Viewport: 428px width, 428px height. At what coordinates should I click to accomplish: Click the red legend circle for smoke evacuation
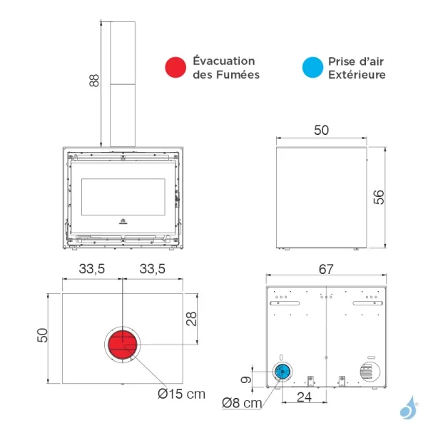tap(175, 67)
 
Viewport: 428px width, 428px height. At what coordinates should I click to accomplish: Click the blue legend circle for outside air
tap(312, 67)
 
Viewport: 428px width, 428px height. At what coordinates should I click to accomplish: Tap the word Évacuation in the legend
tap(224, 61)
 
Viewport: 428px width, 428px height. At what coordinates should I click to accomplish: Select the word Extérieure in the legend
tap(357, 74)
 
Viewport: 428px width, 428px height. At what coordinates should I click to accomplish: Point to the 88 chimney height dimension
tap(94, 80)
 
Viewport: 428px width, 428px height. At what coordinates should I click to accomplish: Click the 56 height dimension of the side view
tap(379, 197)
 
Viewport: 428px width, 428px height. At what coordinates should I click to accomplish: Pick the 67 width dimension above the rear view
tap(326, 269)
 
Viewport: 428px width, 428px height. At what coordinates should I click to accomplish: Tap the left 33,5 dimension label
tap(92, 269)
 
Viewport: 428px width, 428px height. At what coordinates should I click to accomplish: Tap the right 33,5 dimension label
tap(153, 269)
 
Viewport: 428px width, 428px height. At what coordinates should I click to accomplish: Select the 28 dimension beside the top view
tap(191, 319)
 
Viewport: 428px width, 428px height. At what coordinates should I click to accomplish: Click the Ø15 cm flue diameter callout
tap(181, 394)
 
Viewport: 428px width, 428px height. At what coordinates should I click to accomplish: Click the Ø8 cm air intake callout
tap(242, 403)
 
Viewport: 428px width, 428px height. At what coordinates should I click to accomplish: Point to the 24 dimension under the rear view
tap(304, 397)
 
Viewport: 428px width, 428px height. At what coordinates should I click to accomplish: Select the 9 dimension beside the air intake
tap(246, 379)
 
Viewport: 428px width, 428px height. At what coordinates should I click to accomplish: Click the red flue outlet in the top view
tap(123, 345)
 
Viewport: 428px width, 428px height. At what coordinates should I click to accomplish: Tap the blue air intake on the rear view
tap(282, 372)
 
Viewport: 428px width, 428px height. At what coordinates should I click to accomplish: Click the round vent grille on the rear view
tap(370, 372)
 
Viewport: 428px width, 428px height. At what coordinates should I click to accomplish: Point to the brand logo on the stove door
tap(123, 221)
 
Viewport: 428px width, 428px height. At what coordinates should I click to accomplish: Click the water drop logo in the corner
tap(409, 408)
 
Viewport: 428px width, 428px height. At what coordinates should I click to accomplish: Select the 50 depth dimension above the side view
tap(321, 130)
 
